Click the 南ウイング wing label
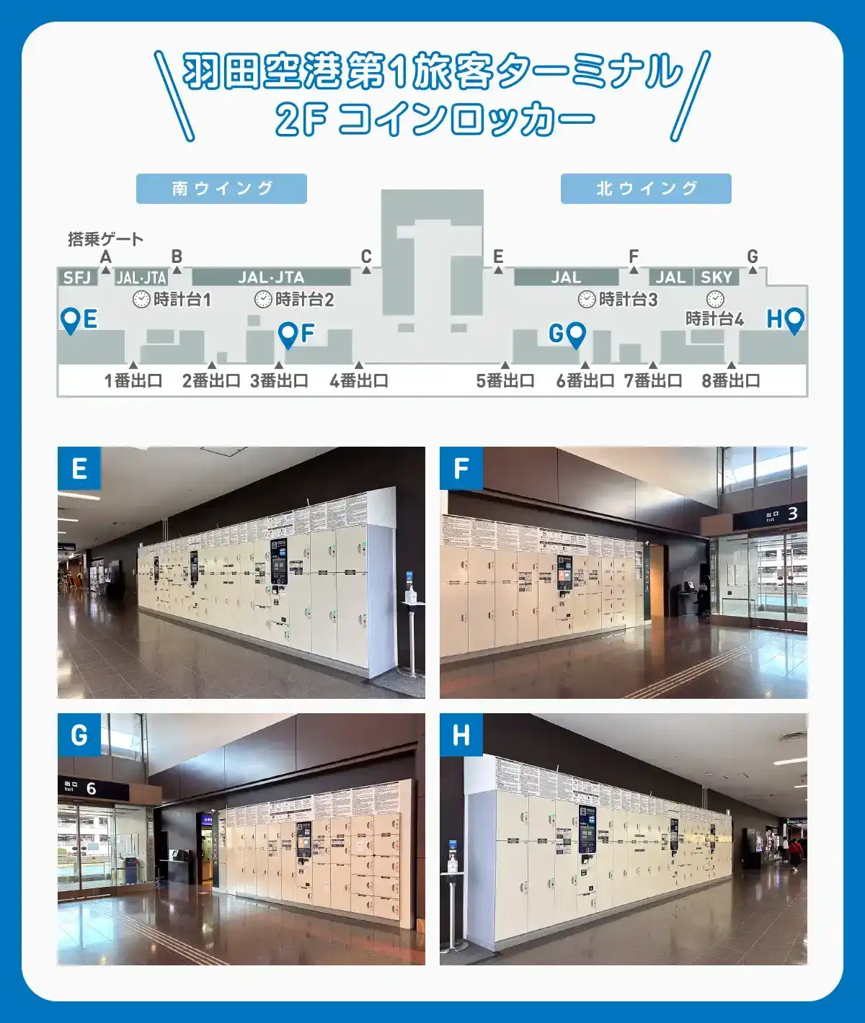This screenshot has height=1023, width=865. [x=221, y=189]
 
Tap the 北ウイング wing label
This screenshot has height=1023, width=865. [x=646, y=189]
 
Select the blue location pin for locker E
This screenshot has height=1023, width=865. [x=70, y=321]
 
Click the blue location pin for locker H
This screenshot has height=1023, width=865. [x=794, y=321]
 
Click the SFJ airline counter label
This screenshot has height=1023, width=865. [x=77, y=277]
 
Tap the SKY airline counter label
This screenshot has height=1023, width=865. [x=716, y=277]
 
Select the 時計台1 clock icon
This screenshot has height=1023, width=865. [x=141, y=299]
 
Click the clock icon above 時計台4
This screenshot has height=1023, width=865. [x=714, y=298]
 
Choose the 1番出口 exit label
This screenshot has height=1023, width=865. [x=133, y=380]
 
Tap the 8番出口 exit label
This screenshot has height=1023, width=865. [x=731, y=380]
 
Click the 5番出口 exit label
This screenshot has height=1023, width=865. [x=505, y=380]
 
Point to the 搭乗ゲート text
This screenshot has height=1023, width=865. [x=105, y=238]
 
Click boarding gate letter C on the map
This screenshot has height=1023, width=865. [x=366, y=256]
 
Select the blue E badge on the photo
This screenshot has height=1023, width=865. [x=79, y=468]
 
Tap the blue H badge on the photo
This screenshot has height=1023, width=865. [x=461, y=735]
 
